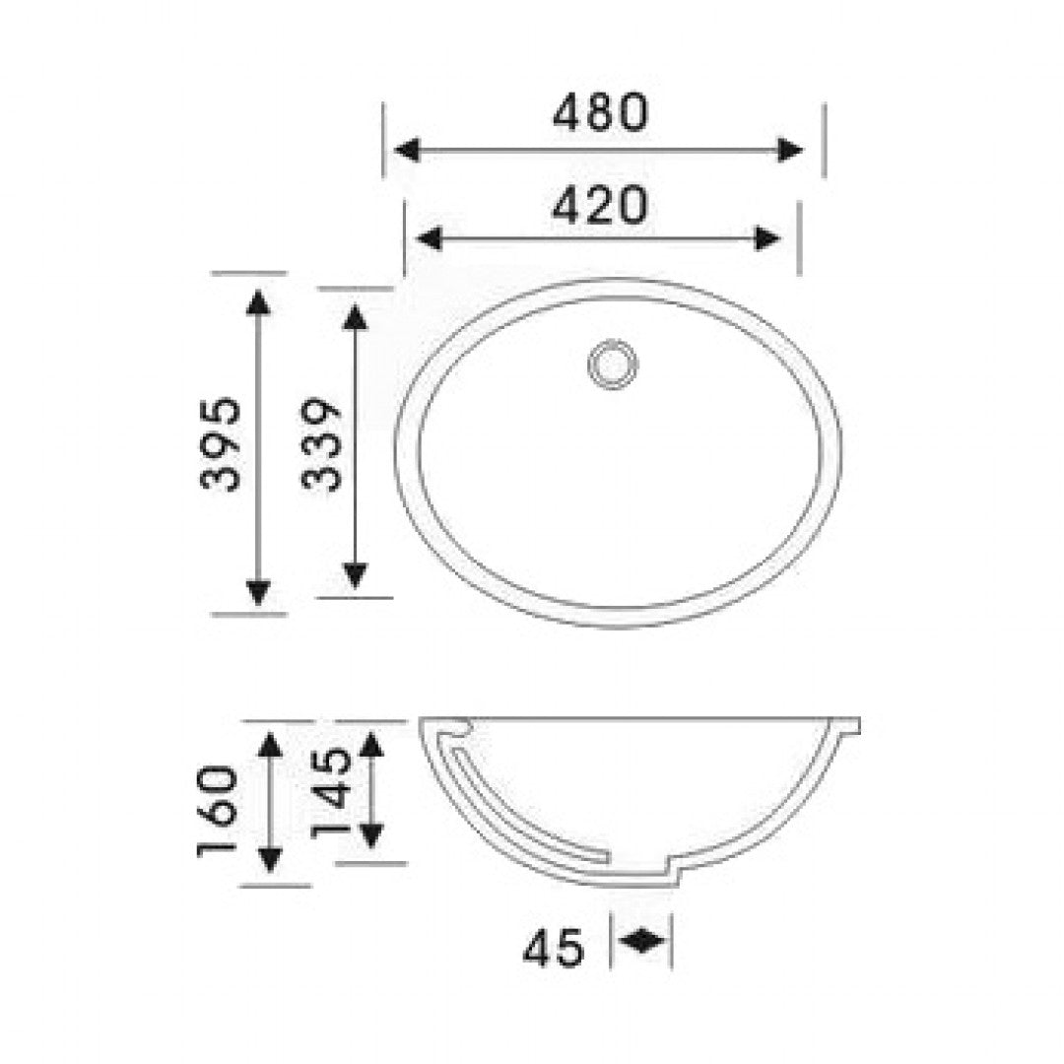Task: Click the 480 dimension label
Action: [601, 112]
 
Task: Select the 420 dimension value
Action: [600, 206]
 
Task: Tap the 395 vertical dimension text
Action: [222, 443]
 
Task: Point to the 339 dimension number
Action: [320, 443]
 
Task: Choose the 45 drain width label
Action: [553, 948]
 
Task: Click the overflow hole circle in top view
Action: [613, 365]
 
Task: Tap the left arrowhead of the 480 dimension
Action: [407, 150]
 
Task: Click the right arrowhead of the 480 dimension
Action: [790, 150]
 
